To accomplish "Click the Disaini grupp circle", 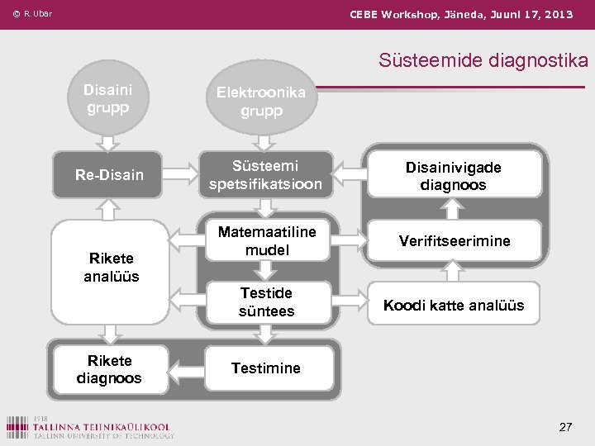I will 107,97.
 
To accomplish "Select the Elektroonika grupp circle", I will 261,101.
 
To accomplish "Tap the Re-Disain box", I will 109,174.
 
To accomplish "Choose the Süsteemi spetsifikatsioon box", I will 265,174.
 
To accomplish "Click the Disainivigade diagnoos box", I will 453,175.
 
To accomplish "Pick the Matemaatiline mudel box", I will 266,240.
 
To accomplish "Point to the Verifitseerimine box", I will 454,241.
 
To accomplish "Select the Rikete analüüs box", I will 111,266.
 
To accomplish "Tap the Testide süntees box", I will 266,301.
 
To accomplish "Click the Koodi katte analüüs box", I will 454,306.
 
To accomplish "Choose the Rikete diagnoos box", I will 109,369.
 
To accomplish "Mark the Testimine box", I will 266,368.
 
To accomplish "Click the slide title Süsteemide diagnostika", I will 483,60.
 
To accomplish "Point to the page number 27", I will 565,427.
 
